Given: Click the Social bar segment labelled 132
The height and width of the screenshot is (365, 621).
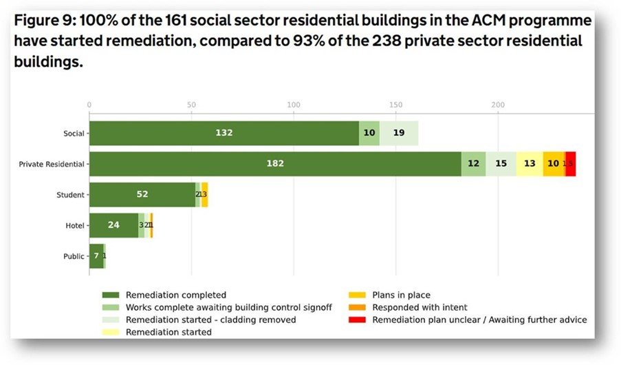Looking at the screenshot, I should [x=224, y=133].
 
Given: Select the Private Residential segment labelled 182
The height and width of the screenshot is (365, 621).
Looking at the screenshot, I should [x=275, y=164].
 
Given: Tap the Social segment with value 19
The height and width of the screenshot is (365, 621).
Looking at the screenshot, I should [x=399, y=133].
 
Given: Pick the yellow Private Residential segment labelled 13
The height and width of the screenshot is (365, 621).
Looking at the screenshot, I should [x=530, y=164].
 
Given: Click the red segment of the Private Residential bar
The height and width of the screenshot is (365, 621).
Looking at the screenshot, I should [x=571, y=164].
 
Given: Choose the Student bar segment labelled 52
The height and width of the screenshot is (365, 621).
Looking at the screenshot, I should [x=142, y=194].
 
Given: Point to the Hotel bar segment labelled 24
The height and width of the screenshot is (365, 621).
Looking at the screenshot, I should [x=113, y=225].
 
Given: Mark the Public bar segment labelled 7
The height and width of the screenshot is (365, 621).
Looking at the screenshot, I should [x=96, y=256].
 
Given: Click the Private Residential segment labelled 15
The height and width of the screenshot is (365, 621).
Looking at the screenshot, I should [x=501, y=164].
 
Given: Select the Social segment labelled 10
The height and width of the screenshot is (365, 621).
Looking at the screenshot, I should [x=369, y=133].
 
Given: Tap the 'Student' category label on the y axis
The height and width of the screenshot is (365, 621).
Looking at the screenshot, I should [x=71, y=195].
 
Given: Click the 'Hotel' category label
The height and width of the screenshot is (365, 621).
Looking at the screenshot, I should [x=74, y=225].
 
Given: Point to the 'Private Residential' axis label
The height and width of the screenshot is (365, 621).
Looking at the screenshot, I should [x=52, y=164].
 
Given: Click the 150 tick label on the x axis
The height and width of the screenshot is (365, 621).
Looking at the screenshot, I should [x=395, y=105].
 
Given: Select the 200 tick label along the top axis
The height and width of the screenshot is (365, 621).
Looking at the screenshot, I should [x=498, y=105].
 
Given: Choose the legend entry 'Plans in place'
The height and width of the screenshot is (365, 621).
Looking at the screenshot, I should [x=401, y=295].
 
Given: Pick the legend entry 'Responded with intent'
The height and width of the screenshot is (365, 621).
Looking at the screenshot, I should [x=420, y=307].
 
